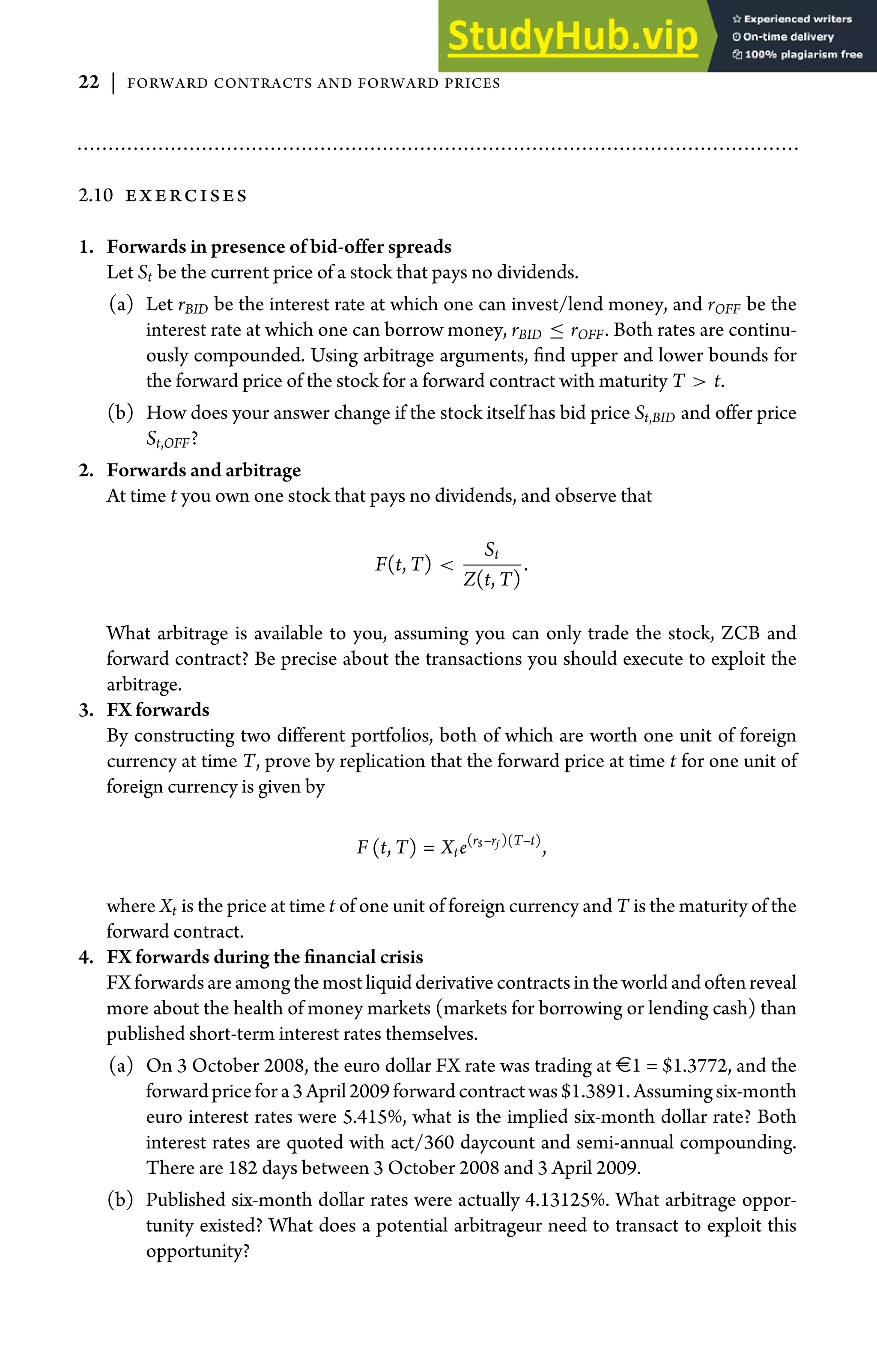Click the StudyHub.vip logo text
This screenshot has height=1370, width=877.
tap(573, 36)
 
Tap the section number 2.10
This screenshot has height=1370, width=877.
tap(95, 195)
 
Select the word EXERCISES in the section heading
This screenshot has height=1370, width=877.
tap(186, 196)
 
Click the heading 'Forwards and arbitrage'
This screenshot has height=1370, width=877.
tap(204, 470)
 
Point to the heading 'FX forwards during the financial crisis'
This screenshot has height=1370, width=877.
tap(265, 957)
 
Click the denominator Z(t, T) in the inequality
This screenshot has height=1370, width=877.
tap(492, 579)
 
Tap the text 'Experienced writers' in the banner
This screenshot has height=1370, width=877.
tap(797, 19)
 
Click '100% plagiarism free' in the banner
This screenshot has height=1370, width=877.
tap(803, 55)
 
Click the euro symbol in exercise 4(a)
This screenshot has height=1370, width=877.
tap(623, 1066)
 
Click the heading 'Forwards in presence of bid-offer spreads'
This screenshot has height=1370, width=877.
tap(279, 247)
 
